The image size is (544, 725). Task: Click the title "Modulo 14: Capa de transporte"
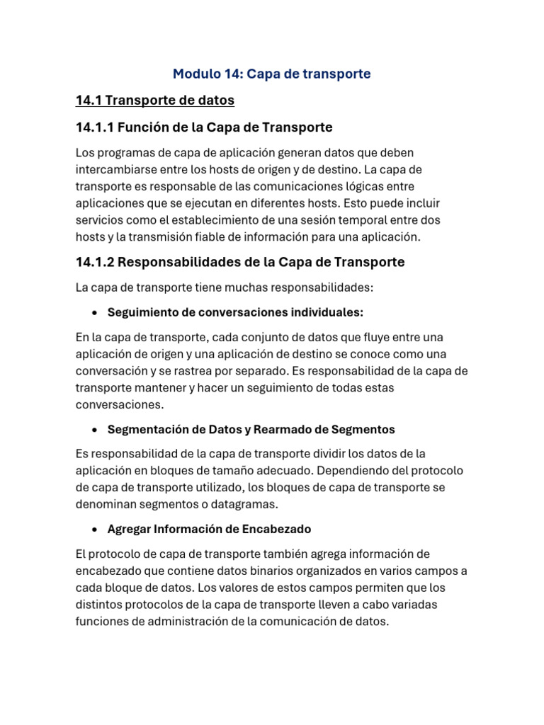(272, 74)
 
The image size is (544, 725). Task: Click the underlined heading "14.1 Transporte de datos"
(154, 101)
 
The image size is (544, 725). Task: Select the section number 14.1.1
(94, 127)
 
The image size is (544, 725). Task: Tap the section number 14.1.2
(95, 262)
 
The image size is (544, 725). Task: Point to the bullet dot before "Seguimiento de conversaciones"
(94, 312)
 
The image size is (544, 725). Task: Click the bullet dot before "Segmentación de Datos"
(94, 430)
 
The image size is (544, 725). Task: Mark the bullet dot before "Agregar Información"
(94, 530)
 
